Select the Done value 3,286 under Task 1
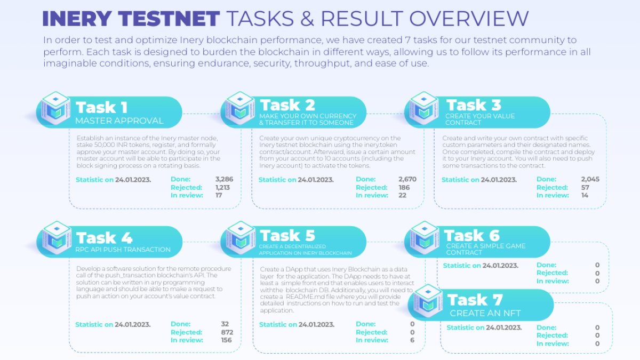pyautogui.click(x=224, y=179)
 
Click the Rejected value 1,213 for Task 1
pyautogui.click(x=224, y=187)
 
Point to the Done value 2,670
pyautogui.click(x=407, y=179)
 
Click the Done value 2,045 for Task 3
pyautogui.click(x=590, y=179)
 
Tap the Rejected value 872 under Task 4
pyautogui.click(x=226, y=332)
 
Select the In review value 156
pyautogui.click(x=226, y=340)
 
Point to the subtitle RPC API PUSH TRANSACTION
pyautogui.click(x=123, y=249)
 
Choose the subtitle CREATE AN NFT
pyautogui.click(x=485, y=313)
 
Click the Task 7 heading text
pyautogui.click(x=475, y=299)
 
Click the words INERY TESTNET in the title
pyautogui.click(x=131, y=19)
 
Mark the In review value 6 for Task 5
pyautogui.click(x=412, y=340)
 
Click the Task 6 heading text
pyautogui.click(x=471, y=235)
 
